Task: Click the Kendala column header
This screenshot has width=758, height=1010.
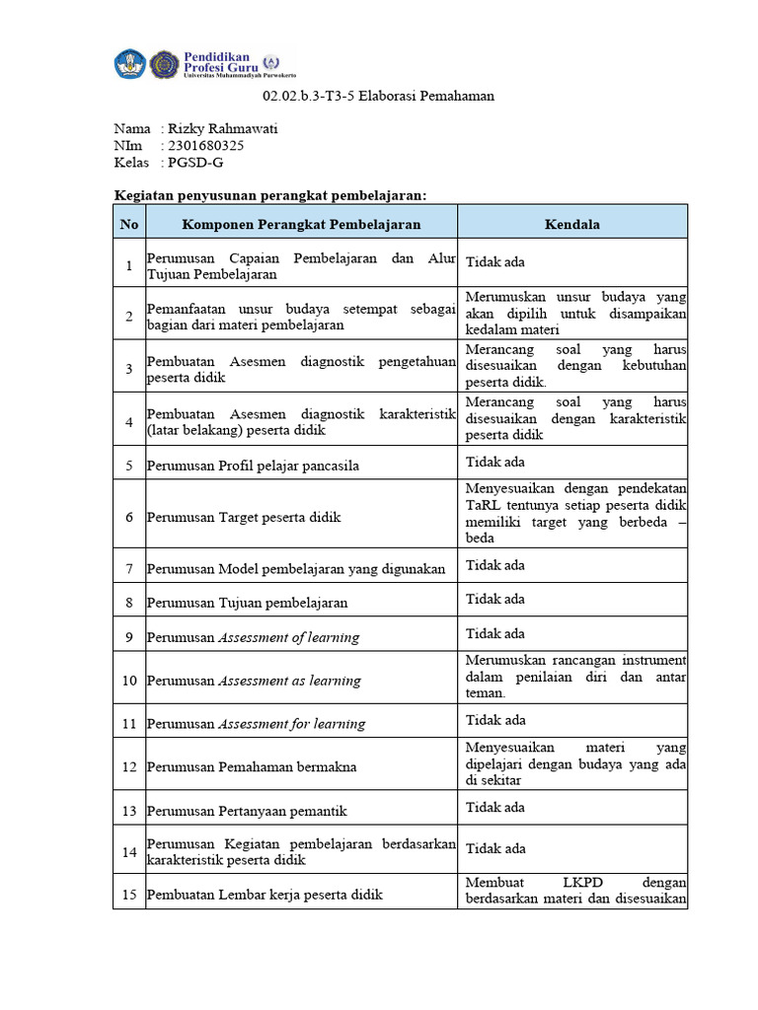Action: point(571,224)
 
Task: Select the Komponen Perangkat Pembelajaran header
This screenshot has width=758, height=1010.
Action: point(301,224)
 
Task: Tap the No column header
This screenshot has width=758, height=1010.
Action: point(129,224)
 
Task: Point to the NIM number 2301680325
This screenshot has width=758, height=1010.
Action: point(206,145)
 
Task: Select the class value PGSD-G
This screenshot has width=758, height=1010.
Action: point(195,163)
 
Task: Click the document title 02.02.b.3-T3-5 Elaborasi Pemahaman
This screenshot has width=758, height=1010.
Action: point(378,97)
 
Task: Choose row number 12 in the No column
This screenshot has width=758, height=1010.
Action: point(129,766)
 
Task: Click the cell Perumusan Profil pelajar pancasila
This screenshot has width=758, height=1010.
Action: point(253,466)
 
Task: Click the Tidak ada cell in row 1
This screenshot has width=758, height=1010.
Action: point(495,261)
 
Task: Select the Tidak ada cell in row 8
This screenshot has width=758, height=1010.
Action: point(495,599)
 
